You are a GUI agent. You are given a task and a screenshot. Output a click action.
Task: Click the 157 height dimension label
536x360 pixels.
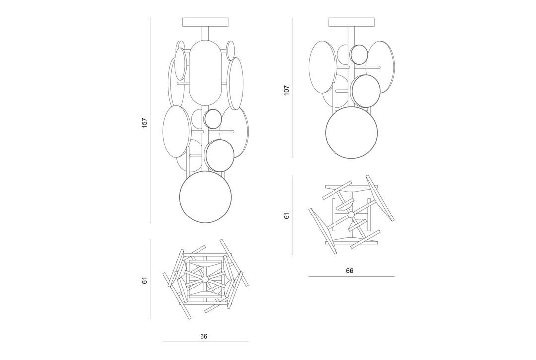(144, 123)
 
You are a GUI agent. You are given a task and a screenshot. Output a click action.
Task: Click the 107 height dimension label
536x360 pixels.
(286, 90)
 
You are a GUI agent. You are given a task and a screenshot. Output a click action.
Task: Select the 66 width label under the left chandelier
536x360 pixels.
(204, 336)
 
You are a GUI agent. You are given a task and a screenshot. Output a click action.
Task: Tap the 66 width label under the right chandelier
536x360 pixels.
(349, 271)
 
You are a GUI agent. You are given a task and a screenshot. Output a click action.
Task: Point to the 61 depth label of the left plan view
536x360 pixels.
(144, 281)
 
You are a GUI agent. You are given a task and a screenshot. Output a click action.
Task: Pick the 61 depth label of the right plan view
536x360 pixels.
(286, 216)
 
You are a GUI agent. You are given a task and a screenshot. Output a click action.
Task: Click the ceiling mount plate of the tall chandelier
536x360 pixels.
(205, 22)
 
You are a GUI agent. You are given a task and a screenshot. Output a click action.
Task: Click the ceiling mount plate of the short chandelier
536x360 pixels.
(351, 22)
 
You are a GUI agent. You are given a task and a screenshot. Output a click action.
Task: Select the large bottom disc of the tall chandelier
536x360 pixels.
(205, 197)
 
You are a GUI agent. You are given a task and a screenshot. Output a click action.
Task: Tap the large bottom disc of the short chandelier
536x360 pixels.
(351, 133)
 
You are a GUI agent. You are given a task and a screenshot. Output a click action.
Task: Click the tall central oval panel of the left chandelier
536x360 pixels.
(205, 73)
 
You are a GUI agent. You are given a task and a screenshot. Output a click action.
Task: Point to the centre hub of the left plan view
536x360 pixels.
(205, 279)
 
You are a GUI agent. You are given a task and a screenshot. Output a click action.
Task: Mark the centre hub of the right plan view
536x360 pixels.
(351, 215)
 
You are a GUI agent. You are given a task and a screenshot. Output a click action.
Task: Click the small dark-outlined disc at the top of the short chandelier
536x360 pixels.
(359, 54)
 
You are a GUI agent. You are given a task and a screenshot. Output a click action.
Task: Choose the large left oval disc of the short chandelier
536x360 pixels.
(322, 68)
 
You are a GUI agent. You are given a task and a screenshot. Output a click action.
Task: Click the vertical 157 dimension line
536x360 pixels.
(150, 120)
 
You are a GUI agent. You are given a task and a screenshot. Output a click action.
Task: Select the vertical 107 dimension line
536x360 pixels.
(292, 88)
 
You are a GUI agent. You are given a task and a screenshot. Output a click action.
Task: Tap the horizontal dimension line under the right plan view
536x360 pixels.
(351, 276)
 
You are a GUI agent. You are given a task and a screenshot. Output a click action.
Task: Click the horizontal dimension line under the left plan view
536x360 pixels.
(205, 342)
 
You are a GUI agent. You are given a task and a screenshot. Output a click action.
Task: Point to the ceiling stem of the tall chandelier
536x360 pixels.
(205, 34)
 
